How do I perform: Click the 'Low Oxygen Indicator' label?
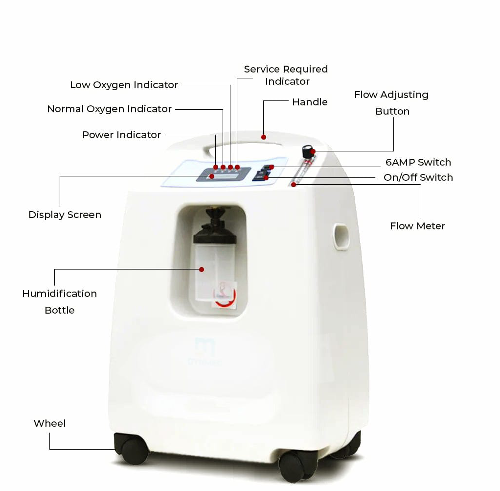coord(124,85)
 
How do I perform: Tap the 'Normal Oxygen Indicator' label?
coord(110,109)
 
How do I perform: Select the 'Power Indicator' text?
coord(121,135)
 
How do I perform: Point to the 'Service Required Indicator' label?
coord(286,75)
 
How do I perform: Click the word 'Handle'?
coord(310,102)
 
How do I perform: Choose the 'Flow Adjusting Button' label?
coord(391,103)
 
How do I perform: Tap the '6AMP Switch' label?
coord(418,162)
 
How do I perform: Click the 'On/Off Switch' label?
coord(418,177)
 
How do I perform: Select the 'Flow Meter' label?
coord(417,226)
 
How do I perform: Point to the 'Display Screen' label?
coord(65,215)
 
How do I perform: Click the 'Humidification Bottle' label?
coord(60,302)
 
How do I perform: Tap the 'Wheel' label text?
coord(49,423)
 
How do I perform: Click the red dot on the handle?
coord(264,137)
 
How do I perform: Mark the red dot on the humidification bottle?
coord(202,270)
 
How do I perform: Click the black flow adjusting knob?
coord(308,151)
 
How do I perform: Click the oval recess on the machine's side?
coord(341,237)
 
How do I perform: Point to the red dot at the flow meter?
coord(294,185)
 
